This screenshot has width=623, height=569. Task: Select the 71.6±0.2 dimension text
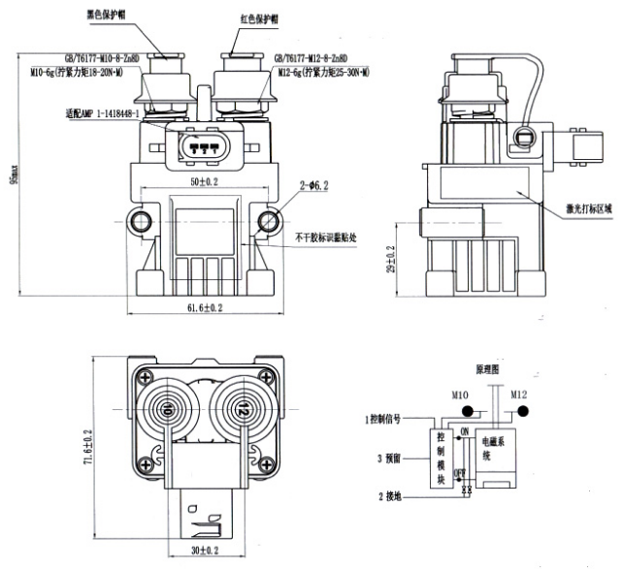89,438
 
